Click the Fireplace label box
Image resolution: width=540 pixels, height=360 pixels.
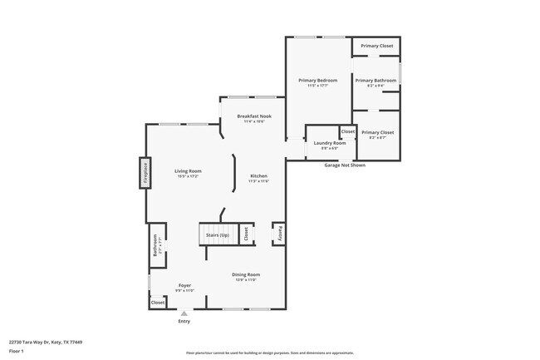coord(145,173)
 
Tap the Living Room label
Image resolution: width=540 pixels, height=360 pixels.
coord(188,172)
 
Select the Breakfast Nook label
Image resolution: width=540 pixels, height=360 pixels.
coord(254,117)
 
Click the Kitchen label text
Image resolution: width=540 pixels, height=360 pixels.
coord(259,176)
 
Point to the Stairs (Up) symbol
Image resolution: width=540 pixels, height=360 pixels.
coord(218,234)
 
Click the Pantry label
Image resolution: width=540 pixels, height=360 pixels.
coord(280,234)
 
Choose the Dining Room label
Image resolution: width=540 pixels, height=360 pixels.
coord(246,275)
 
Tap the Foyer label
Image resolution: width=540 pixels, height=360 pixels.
coord(184,286)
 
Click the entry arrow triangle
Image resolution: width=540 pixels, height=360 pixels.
coord(184,313)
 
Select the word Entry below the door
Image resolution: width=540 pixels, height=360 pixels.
coord(184,322)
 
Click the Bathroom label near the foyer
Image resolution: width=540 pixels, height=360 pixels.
coord(155,247)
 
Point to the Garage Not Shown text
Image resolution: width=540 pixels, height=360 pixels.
coord(344,165)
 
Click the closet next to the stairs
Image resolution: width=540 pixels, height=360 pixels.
coord(246,234)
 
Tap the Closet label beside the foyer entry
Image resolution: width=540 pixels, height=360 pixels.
coord(158,303)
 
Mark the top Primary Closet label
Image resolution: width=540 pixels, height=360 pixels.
coord(376,46)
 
